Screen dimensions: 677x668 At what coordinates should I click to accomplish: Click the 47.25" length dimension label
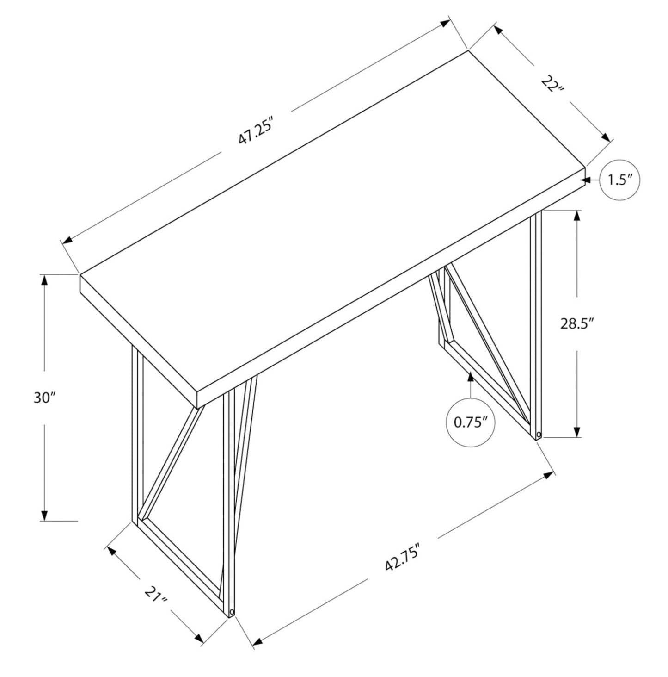tap(253, 131)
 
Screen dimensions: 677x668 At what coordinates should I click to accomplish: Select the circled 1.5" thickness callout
tap(619, 180)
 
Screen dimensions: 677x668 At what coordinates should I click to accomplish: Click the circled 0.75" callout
tap(471, 422)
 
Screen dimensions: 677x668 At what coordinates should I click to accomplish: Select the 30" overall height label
tap(44, 398)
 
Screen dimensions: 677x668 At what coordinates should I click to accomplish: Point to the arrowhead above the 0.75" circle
tap(471, 377)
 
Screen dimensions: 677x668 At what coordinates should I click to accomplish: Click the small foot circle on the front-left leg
tap(232, 612)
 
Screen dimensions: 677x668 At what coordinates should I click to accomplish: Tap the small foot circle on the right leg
tap(539, 435)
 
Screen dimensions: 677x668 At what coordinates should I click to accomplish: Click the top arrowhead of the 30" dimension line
tap(44, 280)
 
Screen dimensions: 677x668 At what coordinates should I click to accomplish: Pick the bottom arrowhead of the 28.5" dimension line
tap(577, 431)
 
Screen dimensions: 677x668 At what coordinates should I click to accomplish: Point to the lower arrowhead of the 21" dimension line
tap(198, 638)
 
